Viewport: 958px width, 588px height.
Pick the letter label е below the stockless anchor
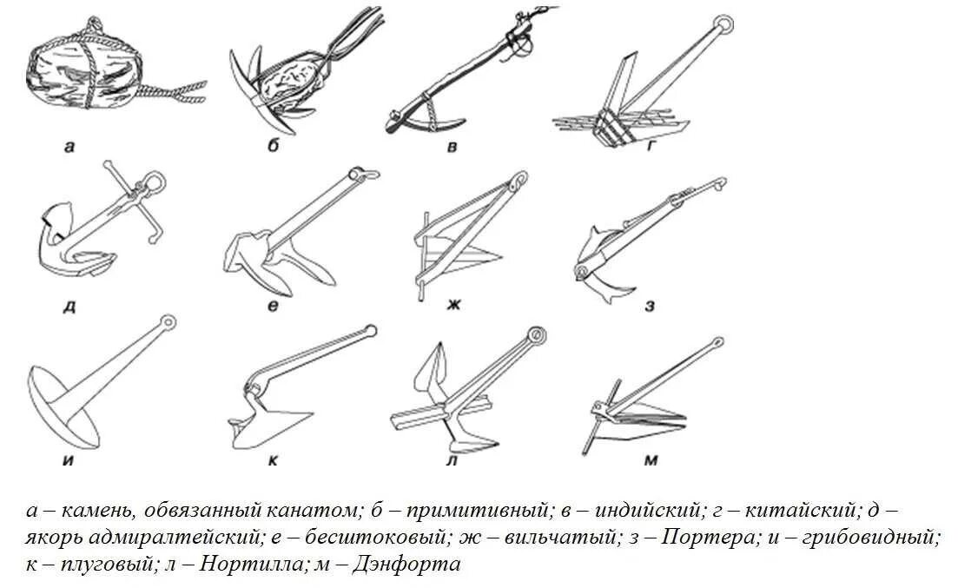272,306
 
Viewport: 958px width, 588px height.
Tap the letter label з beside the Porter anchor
650,306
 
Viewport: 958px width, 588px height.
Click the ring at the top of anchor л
536,334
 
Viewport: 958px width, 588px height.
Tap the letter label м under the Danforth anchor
650,460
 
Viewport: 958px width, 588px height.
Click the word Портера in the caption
708,537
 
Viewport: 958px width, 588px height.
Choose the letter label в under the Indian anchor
453,147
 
